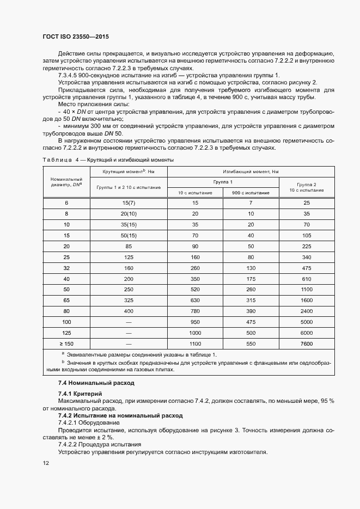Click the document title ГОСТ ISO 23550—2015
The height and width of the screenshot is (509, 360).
tap(76, 36)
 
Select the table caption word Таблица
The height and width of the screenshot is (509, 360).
tap(57, 160)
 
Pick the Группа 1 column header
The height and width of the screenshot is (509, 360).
tap(223, 182)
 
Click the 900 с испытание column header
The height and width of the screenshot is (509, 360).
tap(251, 193)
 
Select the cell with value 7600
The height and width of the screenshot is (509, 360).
tap(307, 345)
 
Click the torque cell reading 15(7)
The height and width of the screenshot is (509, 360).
tap(129, 203)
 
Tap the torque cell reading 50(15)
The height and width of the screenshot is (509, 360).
tap(129, 236)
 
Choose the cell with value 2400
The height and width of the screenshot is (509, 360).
tap(307, 312)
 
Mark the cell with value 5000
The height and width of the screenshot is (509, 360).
tap(307, 323)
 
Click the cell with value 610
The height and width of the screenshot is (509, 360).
tap(307, 279)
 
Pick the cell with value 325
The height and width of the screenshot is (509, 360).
tap(129, 301)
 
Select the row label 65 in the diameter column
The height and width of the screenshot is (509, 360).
tap(66, 301)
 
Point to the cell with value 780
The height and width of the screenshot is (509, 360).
tap(195, 312)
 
